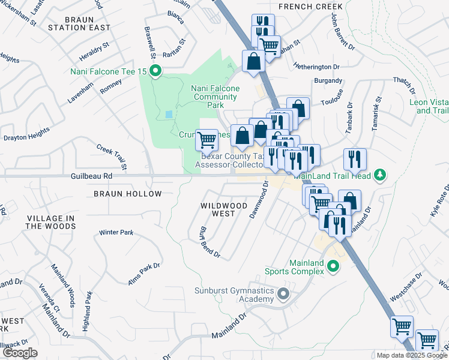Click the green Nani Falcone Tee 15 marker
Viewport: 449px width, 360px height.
pos(155,72)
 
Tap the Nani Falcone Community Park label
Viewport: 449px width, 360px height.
pos(215,97)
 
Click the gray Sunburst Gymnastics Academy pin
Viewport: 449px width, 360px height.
pos(285,294)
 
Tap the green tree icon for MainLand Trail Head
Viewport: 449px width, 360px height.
pos(379,175)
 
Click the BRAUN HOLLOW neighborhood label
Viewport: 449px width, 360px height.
pos(127,194)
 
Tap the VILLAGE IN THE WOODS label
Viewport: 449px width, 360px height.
pos(50,222)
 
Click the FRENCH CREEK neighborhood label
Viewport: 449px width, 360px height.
pos(310,7)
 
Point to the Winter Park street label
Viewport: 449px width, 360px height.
pos(116,232)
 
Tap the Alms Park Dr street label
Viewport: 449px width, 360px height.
pos(143,274)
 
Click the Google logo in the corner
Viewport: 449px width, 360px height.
pos(20,353)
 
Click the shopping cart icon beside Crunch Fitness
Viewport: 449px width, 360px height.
pos(206,140)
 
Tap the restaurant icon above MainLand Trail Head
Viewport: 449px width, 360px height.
pos(355,159)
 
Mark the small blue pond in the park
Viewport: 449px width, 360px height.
pos(169,113)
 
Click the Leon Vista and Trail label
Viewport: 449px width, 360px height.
pos(429,106)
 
